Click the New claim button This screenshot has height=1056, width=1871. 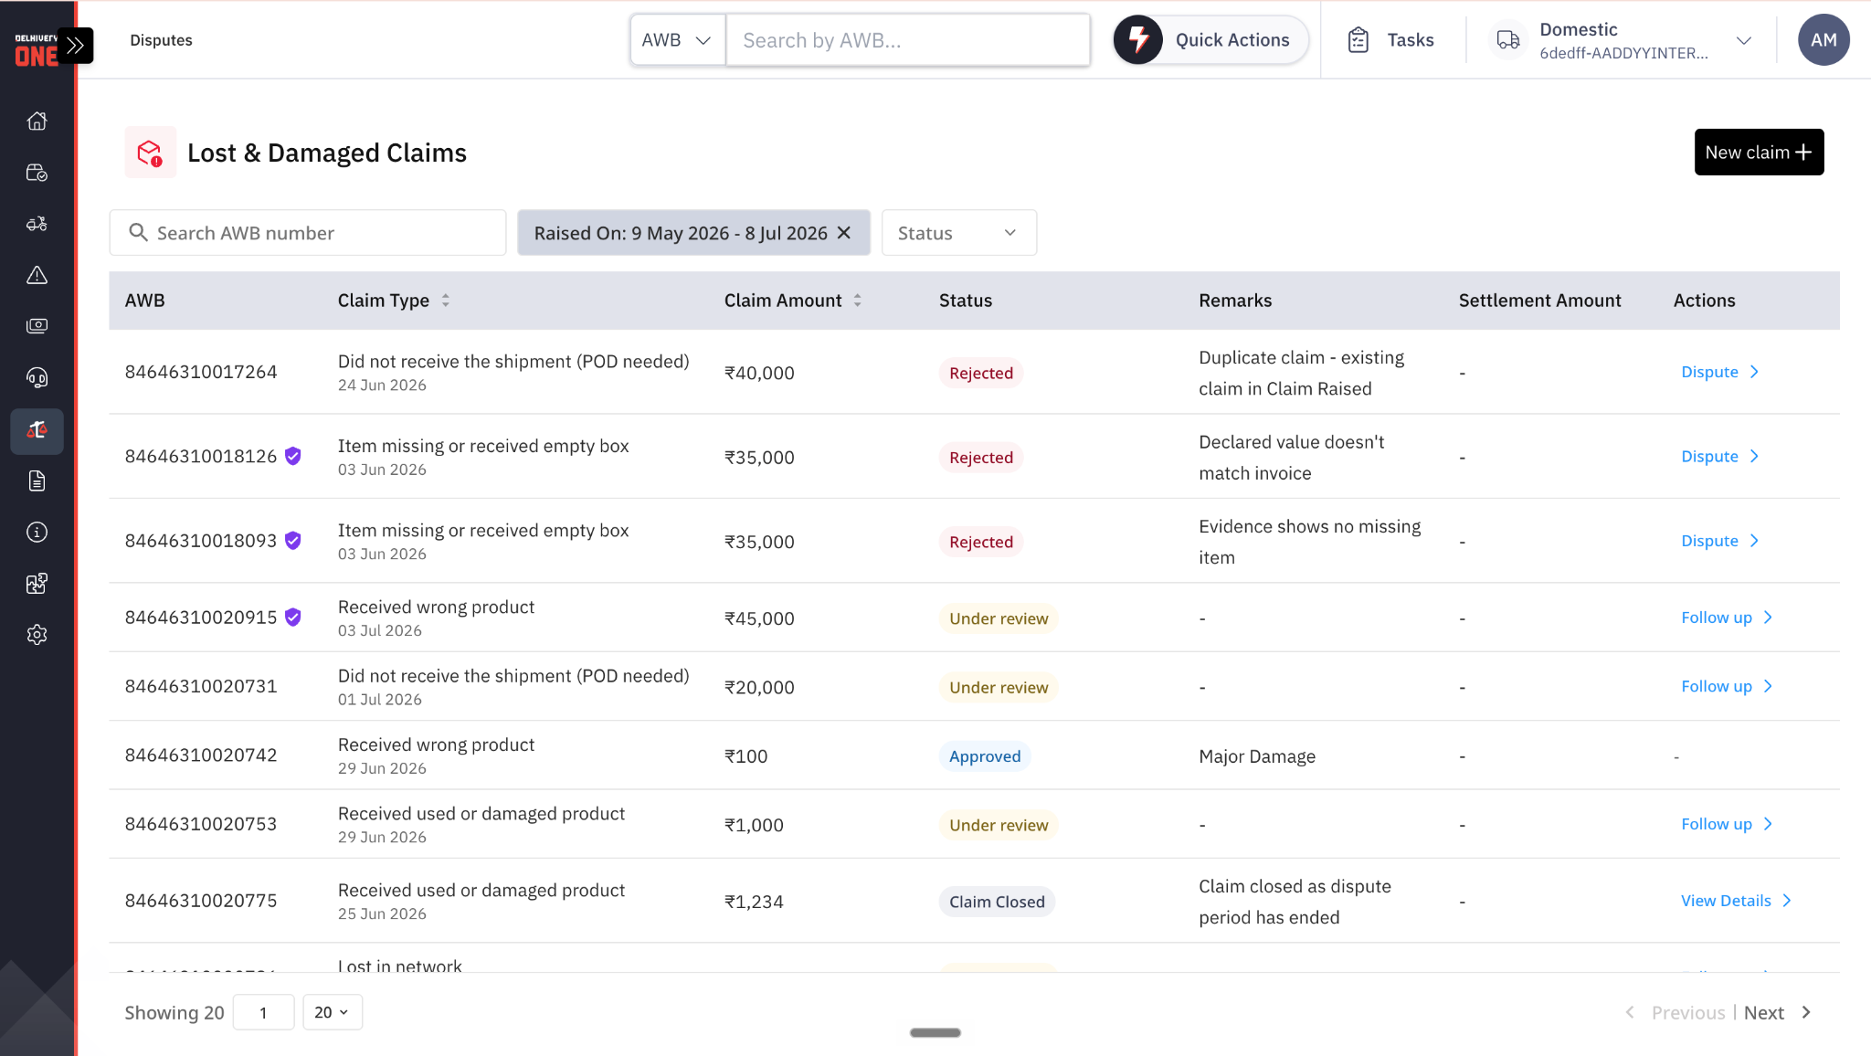pyautogui.click(x=1759, y=152)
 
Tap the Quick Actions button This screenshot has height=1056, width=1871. pyautogui.click(x=1210, y=40)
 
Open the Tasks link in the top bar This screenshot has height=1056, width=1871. pyautogui.click(x=1390, y=40)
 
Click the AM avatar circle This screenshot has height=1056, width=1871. pyautogui.click(x=1823, y=40)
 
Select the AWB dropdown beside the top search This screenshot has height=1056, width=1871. pyautogui.click(x=677, y=40)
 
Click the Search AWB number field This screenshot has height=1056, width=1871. pyautogui.click(x=308, y=233)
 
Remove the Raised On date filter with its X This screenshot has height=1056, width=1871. pyautogui.click(x=844, y=233)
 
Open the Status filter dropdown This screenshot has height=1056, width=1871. pyautogui.click(x=958, y=233)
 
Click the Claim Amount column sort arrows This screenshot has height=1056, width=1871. pyautogui.click(x=858, y=301)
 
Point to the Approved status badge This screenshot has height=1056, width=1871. pyautogui.click(x=985, y=756)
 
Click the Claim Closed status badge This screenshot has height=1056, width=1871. pyautogui.click(x=997, y=902)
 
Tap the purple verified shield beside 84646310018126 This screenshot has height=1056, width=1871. pyautogui.click(x=293, y=456)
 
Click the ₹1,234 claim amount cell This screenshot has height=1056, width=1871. pyautogui.click(x=754, y=902)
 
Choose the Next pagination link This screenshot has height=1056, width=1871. pyautogui.click(x=1763, y=1012)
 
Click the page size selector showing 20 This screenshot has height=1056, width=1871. pyautogui.click(x=332, y=1012)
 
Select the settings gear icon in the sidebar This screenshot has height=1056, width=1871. pyautogui.click(x=37, y=635)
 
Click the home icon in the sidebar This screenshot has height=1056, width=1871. pyautogui.click(x=37, y=121)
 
